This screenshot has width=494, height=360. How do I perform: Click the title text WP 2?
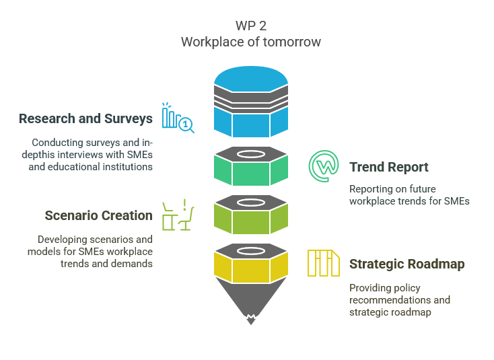click(x=250, y=26)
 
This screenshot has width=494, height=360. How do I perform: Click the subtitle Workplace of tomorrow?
click(x=250, y=42)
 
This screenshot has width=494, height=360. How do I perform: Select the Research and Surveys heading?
click(x=85, y=119)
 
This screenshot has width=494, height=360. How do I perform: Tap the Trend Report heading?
click(x=388, y=167)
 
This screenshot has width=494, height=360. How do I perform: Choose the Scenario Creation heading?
click(x=98, y=215)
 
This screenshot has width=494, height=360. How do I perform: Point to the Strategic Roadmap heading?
click(x=406, y=264)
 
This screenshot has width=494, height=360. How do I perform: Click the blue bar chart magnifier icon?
click(x=177, y=118)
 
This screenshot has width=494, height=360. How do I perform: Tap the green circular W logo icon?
click(x=324, y=166)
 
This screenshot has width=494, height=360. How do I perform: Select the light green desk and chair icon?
click(x=178, y=215)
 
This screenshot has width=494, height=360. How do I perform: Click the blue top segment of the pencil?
click(x=251, y=121)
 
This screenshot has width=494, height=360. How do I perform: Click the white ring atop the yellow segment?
click(x=251, y=250)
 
